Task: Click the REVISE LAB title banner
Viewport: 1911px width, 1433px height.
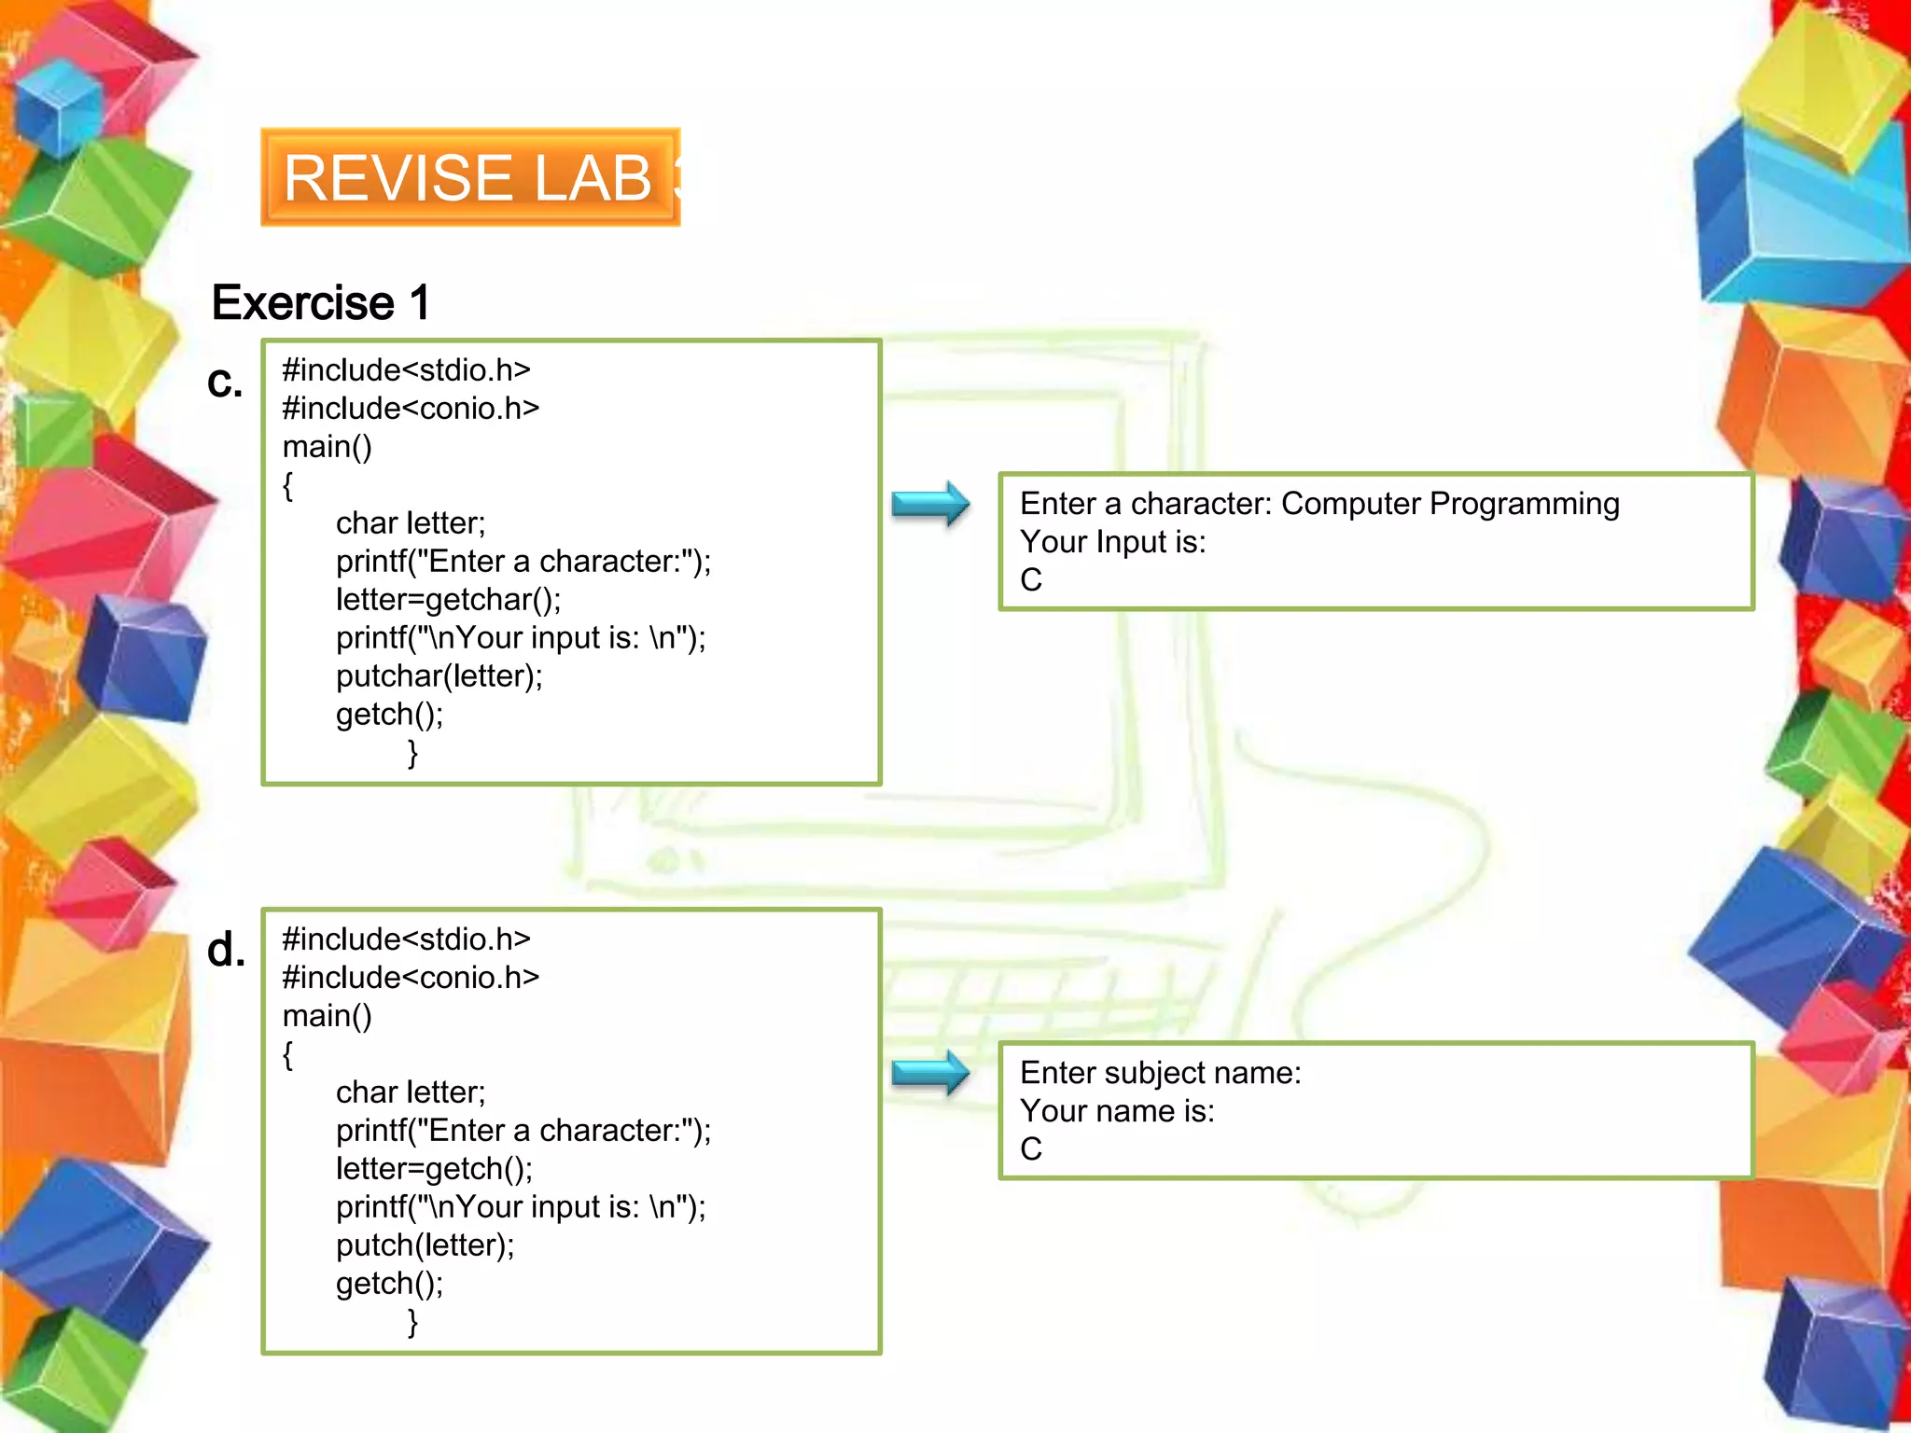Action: tap(470, 177)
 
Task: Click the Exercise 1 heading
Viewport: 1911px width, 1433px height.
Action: tap(320, 302)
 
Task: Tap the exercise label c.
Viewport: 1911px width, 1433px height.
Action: tap(225, 382)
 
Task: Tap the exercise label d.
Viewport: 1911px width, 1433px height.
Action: tap(226, 951)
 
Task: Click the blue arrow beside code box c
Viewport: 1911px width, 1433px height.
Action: tap(930, 505)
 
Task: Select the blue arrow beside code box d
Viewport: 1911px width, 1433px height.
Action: tap(930, 1073)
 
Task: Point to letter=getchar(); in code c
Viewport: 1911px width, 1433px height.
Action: tap(448, 600)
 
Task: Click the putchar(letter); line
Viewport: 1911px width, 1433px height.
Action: tap(439, 676)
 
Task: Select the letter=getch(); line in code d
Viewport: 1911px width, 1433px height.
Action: tap(434, 1169)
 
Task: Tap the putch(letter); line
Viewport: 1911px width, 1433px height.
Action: tap(425, 1245)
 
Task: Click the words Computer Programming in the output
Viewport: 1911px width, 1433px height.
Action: tap(1450, 504)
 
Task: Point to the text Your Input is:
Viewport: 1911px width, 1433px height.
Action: tap(1112, 542)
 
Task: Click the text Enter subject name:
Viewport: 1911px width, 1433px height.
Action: tap(1160, 1073)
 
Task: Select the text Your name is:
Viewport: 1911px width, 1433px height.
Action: tap(1117, 1111)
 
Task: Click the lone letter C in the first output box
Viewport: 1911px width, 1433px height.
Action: tap(1031, 580)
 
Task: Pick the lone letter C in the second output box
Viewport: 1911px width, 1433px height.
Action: tap(1031, 1149)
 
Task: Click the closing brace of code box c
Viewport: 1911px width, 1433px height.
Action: tap(412, 753)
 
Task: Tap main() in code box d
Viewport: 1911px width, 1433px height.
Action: tap(327, 1016)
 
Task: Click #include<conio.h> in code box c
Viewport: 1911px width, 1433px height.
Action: tap(411, 409)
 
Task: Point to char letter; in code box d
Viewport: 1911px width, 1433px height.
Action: tap(411, 1092)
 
